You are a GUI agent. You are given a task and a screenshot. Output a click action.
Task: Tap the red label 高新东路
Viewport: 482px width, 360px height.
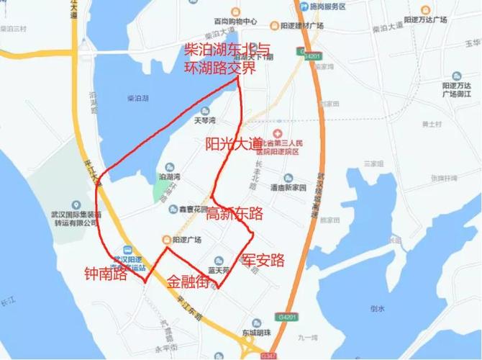(235, 214)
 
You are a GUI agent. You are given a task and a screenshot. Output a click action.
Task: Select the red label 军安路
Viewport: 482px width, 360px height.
(263, 260)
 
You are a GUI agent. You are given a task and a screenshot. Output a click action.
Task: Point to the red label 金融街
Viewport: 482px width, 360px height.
(188, 282)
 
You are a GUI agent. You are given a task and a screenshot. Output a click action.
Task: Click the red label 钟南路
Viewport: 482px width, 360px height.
(105, 274)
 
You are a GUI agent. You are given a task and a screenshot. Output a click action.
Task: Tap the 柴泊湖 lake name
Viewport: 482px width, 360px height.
(138, 97)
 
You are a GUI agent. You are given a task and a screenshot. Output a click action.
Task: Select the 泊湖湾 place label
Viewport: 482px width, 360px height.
(169, 176)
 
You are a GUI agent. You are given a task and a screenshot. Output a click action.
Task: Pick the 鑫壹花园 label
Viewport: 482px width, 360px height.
(192, 209)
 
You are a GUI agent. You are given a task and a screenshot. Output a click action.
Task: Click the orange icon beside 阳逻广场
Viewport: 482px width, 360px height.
(166, 239)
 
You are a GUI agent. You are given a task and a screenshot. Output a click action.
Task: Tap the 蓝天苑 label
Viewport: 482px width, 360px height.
(217, 270)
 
